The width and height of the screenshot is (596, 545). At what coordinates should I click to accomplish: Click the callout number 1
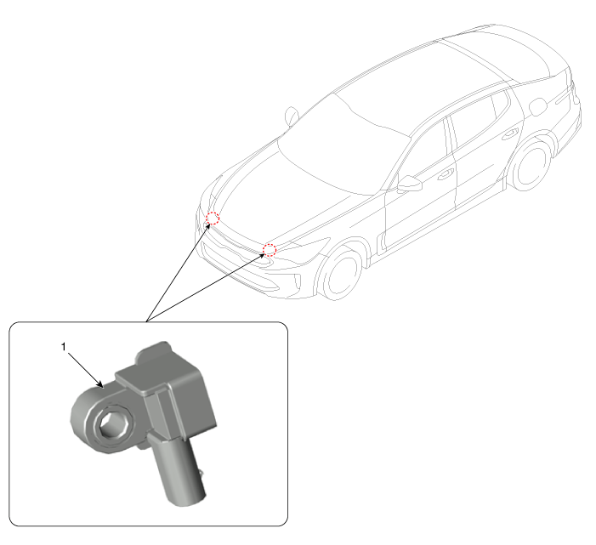tap(64, 347)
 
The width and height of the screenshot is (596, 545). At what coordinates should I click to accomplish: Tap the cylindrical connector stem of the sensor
tap(179, 471)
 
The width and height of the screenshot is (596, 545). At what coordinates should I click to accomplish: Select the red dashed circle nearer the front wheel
tap(270, 249)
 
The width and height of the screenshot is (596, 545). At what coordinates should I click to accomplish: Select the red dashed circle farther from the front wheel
tap(213, 219)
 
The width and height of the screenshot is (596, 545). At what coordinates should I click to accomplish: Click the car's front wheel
tap(341, 273)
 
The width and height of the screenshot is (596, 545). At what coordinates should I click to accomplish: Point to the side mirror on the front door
tap(409, 184)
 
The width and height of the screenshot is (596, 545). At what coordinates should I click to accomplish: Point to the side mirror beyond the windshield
tap(292, 116)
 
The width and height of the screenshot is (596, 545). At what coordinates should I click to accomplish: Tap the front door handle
tap(446, 174)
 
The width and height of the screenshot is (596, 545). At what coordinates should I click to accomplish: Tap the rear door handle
tap(510, 134)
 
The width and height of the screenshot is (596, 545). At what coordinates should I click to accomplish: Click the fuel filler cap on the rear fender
tap(538, 107)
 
